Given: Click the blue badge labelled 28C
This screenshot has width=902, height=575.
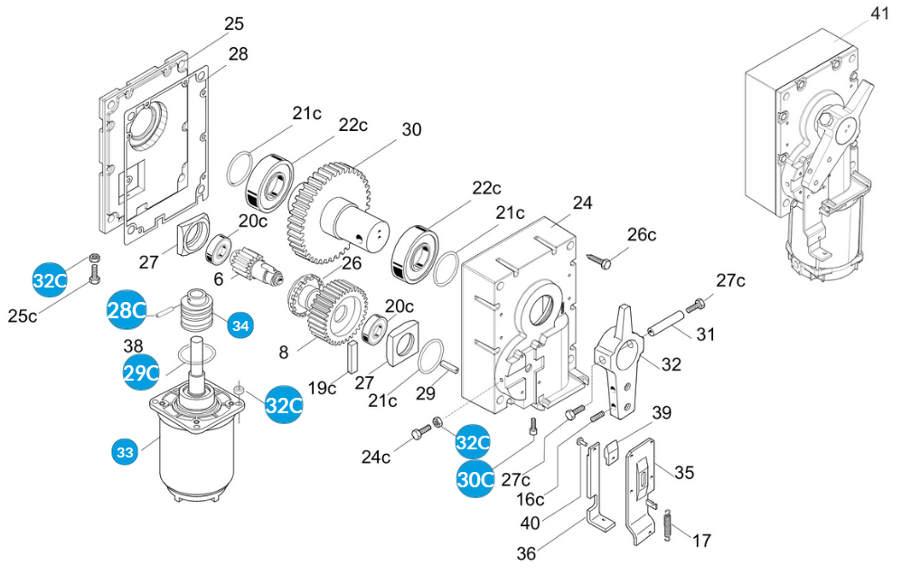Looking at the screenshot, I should click(127, 310).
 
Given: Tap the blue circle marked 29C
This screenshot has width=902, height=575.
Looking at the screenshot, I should click(142, 371).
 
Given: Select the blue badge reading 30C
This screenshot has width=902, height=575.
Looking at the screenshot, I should click(475, 478).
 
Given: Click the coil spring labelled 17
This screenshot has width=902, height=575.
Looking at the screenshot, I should click(666, 525).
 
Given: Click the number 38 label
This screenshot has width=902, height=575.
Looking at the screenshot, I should click(134, 346).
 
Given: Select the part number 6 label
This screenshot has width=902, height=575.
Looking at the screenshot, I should click(218, 281).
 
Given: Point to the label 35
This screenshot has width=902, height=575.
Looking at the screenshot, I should click(684, 472).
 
